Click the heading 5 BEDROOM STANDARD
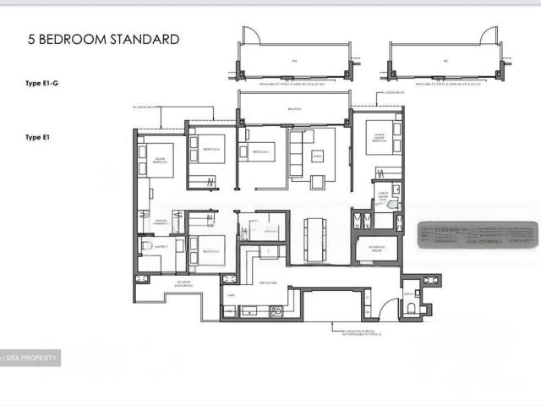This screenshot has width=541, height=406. click(x=103, y=39)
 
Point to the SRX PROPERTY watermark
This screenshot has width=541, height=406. click(x=32, y=359)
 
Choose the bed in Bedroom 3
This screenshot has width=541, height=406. click(x=261, y=153)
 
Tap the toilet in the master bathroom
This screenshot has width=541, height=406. click(x=145, y=246)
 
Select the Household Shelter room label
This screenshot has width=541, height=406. click(x=372, y=249)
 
